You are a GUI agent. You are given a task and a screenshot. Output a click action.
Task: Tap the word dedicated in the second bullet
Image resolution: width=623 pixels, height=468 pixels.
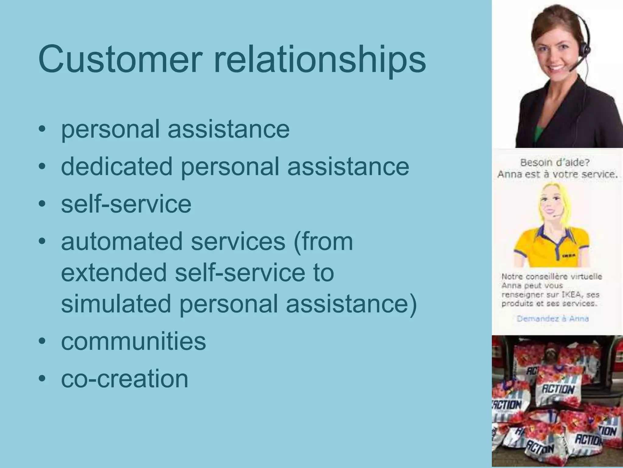point(117,166)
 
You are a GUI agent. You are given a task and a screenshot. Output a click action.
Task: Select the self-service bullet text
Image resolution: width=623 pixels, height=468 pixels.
point(126,204)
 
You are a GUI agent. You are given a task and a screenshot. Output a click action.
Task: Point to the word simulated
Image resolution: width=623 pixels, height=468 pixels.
point(116,304)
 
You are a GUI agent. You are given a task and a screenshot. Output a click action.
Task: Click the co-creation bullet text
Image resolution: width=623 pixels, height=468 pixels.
point(125,378)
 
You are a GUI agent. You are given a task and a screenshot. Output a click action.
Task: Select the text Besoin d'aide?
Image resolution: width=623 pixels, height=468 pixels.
point(555,162)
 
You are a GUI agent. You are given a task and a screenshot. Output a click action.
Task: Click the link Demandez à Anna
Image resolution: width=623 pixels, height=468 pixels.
point(552,319)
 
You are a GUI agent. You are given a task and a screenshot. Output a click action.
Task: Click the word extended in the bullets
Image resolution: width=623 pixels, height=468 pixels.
point(113,272)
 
